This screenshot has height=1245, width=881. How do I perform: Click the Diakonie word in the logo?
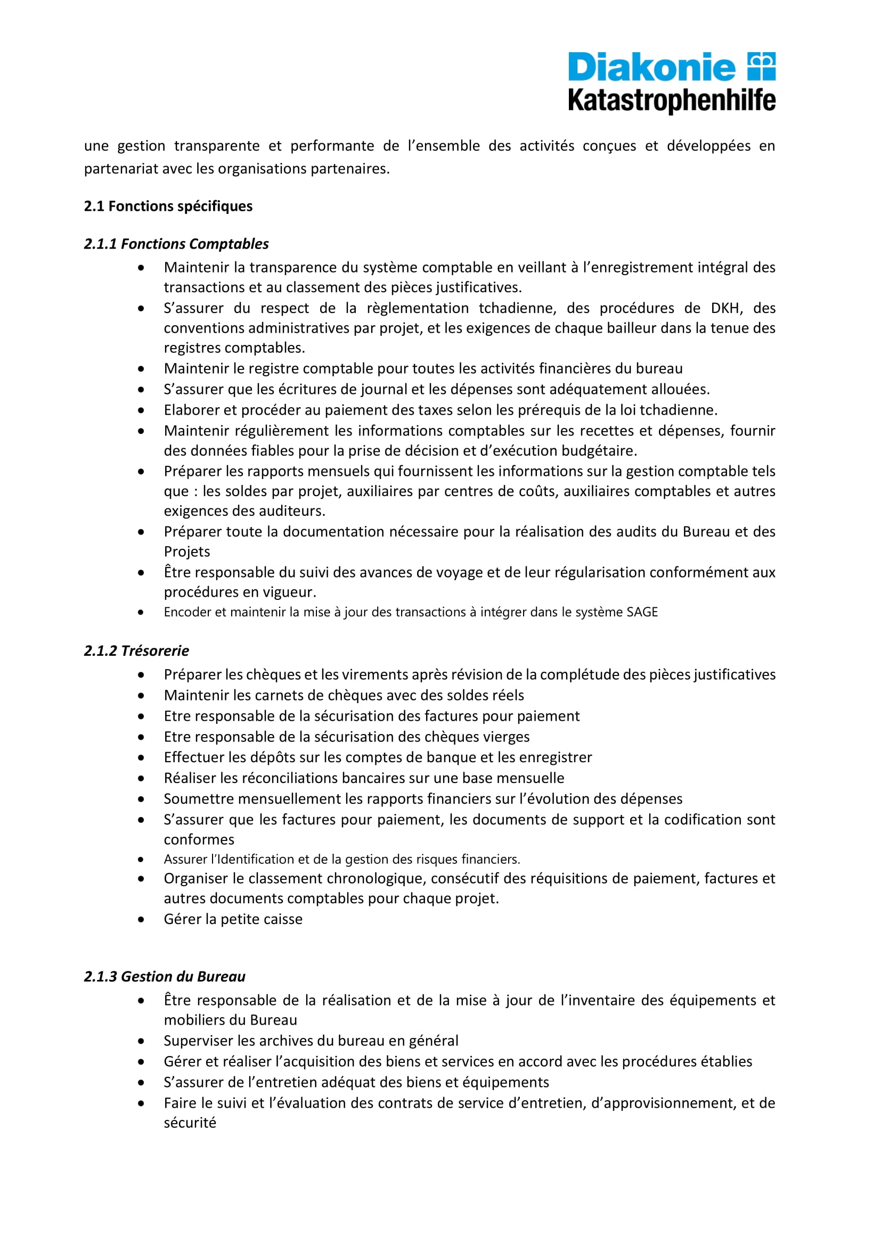pyautogui.click(x=651, y=68)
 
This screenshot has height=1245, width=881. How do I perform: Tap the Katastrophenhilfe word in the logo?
pyautogui.click(x=672, y=101)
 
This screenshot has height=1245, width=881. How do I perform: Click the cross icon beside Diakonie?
pyautogui.click(x=761, y=66)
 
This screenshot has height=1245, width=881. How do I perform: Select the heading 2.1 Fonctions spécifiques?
pyautogui.click(x=168, y=206)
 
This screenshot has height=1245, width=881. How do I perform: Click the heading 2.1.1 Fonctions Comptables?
pyautogui.click(x=176, y=244)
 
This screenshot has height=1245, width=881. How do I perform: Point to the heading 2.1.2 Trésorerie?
pyautogui.click(x=137, y=650)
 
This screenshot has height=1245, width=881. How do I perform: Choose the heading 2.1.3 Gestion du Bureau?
pyautogui.click(x=165, y=977)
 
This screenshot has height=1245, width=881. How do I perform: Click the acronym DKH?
pyautogui.click(x=726, y=308)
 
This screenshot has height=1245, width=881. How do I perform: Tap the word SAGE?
pyautogui.click(x=642, y=612)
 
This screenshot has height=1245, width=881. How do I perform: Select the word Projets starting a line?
pyautogui.click(x=186, y=551)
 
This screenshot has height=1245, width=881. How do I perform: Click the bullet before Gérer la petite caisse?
pyautogui.click(x=141, y=919)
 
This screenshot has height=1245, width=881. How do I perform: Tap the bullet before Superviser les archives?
pyautogui.click(x=141, y=1041)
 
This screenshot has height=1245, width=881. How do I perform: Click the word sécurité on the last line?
pyautogui.click(x=190, y=1123)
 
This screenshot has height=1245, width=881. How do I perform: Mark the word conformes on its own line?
pyautogui.click(x=199, y=839)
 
